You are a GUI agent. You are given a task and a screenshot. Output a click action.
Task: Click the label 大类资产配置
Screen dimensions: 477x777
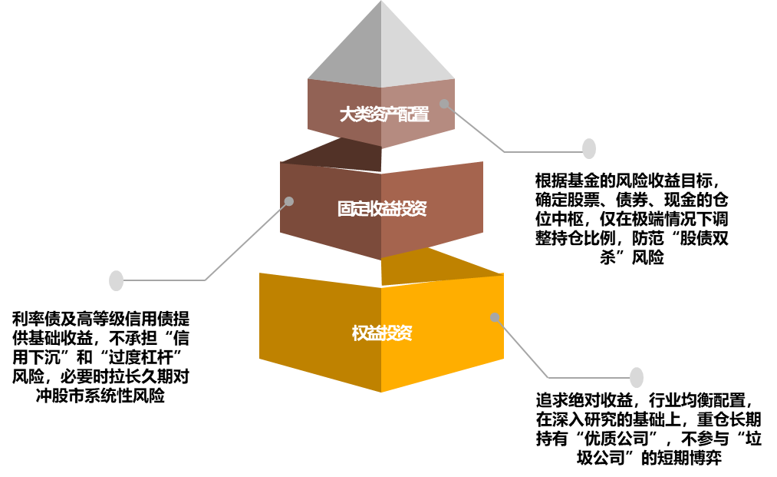384,115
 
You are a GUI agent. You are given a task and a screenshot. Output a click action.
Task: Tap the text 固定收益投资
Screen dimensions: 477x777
382,209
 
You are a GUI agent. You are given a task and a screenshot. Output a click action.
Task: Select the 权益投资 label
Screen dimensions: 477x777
382,333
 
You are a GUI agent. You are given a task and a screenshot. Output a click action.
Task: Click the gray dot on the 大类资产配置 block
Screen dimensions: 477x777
444,104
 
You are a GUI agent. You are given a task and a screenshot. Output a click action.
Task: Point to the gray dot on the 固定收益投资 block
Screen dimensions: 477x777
289,201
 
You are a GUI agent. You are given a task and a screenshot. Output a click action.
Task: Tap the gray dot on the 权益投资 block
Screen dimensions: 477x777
495,317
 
